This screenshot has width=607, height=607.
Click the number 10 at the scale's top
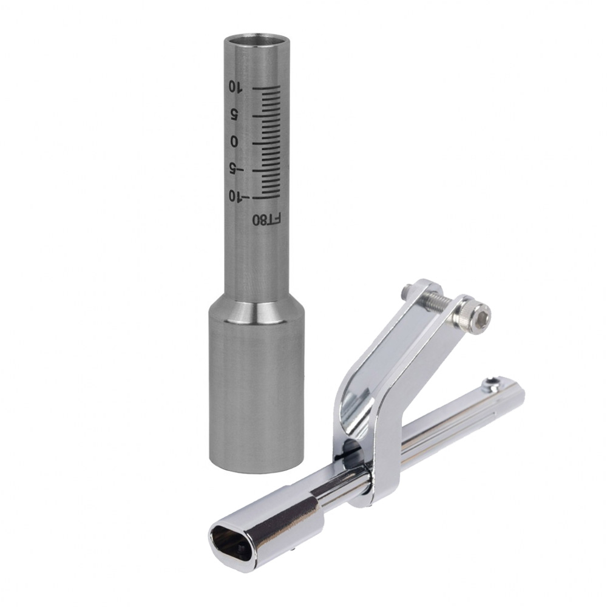[234, 87]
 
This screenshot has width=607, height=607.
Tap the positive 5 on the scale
[234, 115]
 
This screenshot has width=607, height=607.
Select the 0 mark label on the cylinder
[234, 142]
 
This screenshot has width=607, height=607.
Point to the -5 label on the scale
[235, 169]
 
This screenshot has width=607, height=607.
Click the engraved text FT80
[266, 220]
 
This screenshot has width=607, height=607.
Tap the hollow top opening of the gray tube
[257, 40]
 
